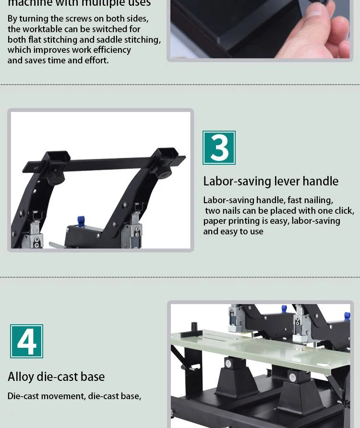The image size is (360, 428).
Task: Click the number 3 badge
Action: click(x=219, y=147)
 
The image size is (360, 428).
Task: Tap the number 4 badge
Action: click(x=26, y=341)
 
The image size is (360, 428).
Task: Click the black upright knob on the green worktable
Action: click(x=195, y=327)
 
